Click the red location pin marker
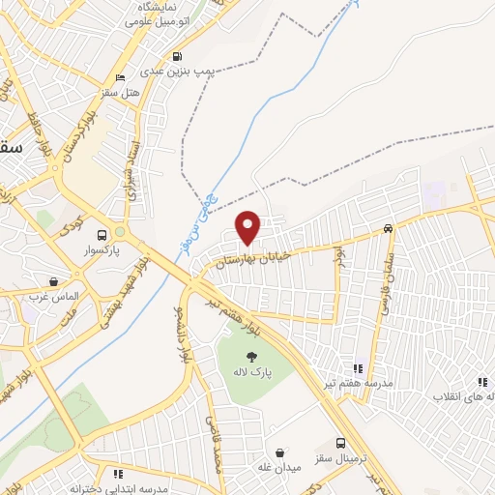click(x=248, y=226)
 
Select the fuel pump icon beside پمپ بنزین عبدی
click(x=176, y=56)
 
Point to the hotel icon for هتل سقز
click(x=120, y=78)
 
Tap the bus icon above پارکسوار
click(x=102, y=234)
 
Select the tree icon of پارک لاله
click(x=238, y=355)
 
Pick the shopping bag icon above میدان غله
click(x=280, y=452)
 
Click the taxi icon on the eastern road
click(x=388, y=229)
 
